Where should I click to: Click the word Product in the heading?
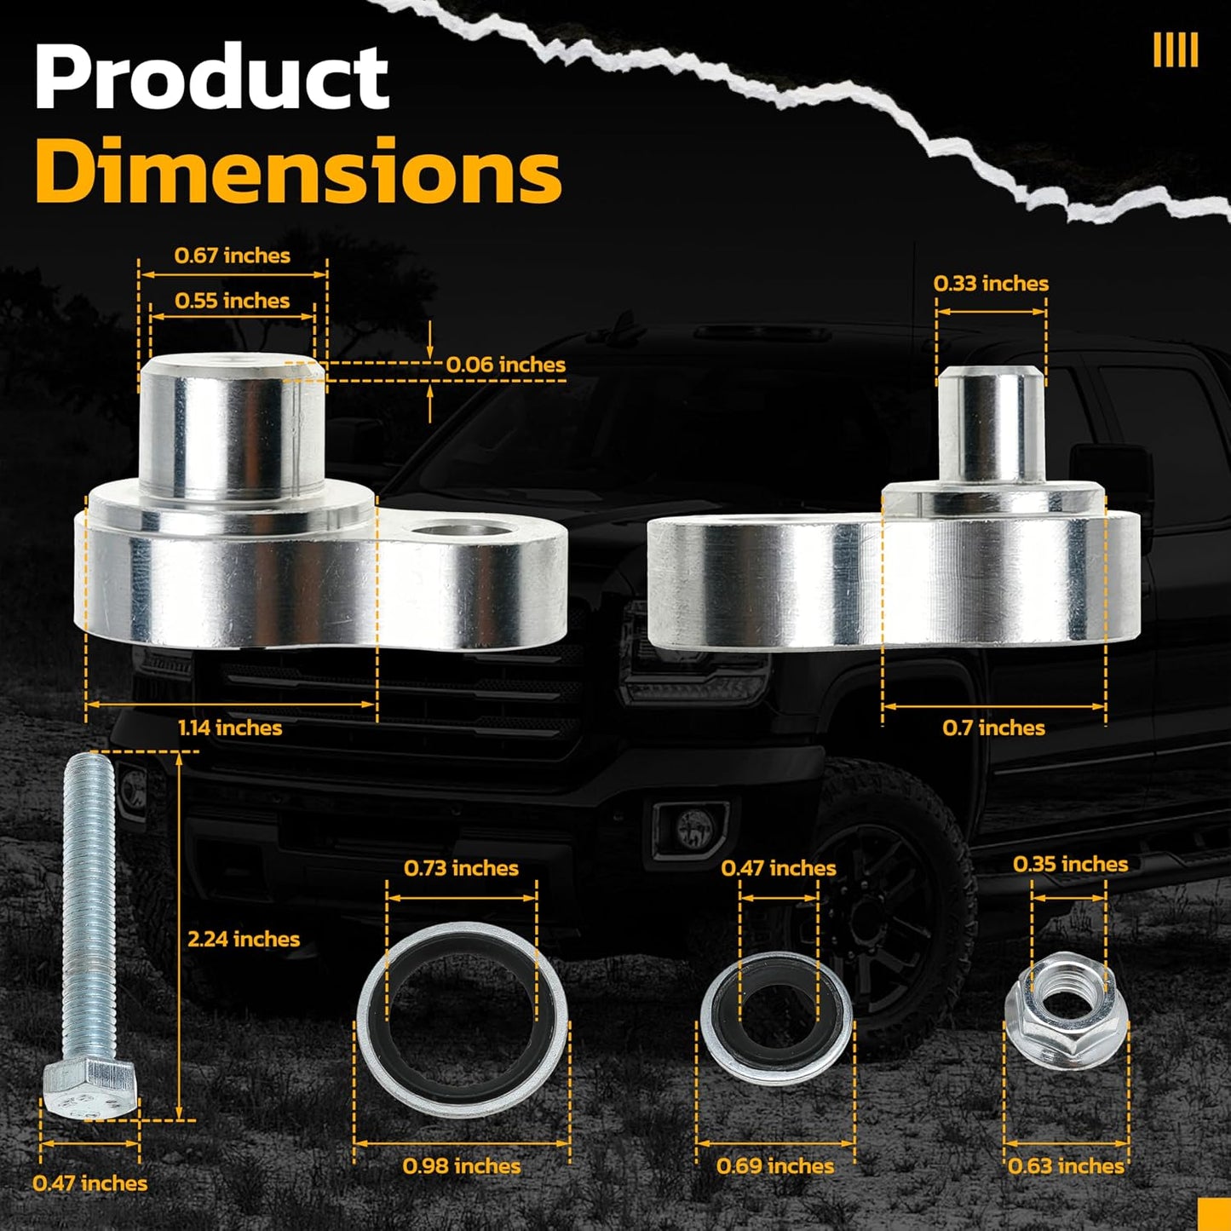(x=211, y=78)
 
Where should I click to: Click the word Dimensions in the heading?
(x=298, y=170)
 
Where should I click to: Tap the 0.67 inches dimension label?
(x=233, y=256)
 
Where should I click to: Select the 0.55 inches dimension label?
(x=233, y=300)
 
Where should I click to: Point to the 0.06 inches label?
(x=506, y=365)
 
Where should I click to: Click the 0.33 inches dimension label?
(x=991, y=284)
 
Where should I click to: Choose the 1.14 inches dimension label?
(x=230, y=728)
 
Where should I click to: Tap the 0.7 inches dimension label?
(x=994, y=728)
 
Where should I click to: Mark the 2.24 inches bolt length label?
(x=244, y=939)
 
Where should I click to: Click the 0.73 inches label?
(x=461, y=868)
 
